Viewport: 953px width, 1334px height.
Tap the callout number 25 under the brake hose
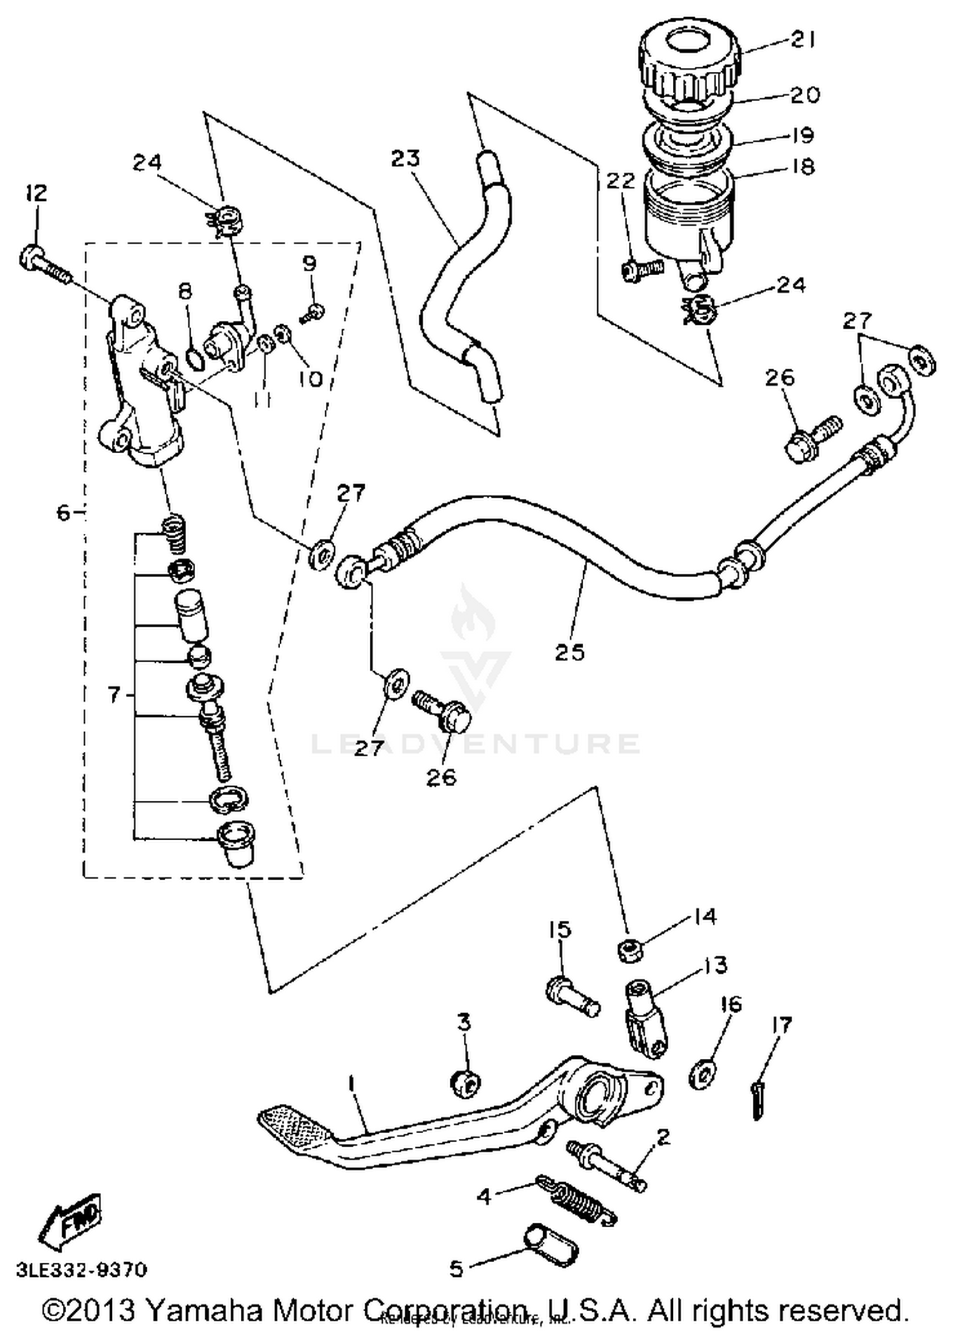coord(569,652)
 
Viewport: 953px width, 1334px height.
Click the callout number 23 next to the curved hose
coord(405,158)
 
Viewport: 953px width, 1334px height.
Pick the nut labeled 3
coord(465,1083)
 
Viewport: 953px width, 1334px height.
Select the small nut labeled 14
coord(630,951)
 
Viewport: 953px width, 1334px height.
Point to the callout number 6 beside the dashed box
coord(62,512)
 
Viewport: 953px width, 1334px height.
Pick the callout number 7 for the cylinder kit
coord(113,695)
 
